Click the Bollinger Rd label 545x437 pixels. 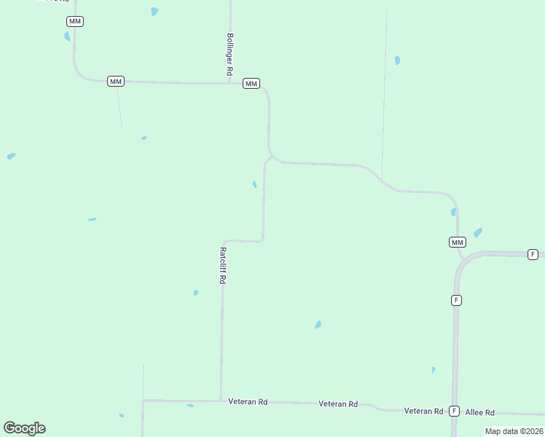[x=229, y=55]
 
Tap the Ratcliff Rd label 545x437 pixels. [x=223, y=265]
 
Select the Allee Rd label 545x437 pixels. [x=480, y=412]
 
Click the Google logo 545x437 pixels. [x=24, y=428]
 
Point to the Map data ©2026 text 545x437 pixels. [x=514, y=431]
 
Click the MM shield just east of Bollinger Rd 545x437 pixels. [x=251, y=84]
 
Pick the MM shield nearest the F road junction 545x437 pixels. [x=457, y=242]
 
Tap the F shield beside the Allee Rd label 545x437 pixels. [x=454, y=411]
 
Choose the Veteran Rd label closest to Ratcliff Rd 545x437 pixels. [x=248, y=401]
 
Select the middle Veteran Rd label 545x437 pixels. [x=338, y=403]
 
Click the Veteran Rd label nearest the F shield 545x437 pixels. [x=424, y=411]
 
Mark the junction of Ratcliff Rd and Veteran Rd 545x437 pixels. [x=221, y=400]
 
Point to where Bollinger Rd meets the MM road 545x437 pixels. [x=230, y=83]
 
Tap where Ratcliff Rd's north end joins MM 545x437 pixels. [x=271, y=156]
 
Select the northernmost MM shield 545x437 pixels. [x=75, y=21]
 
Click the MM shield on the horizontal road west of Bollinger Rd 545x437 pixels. [x=115, y=81]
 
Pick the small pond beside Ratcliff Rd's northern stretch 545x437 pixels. [x=254, y=185]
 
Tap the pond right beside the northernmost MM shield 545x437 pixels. [x=67, y=36]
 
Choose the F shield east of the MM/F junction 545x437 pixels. [x=533, y=254]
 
